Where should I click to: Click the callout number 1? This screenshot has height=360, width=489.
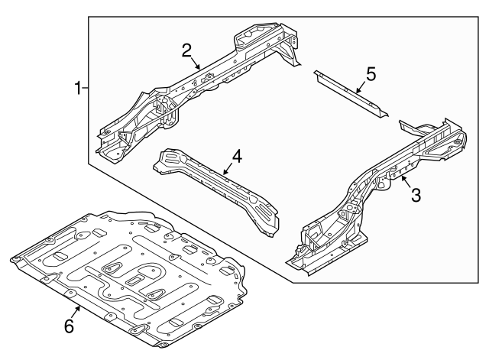(x=78, y=88)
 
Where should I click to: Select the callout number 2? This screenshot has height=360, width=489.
(x=186, y=50)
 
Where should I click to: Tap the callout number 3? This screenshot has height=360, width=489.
(x=416, y=195)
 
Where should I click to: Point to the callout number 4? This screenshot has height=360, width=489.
(x=237, y=156)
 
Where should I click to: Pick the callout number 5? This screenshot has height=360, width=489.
(x=371, y=74)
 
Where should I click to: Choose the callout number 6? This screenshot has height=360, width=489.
(x=69, y=326)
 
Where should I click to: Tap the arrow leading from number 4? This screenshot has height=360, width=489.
(x=228, y=168)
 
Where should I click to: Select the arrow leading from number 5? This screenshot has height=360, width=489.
(x=361, y=87)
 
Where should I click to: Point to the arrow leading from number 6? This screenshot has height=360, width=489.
(x=76, y=312)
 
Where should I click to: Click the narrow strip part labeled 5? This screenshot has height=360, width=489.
(x=351, y=93)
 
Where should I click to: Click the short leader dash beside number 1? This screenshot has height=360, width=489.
(x=85, y=89)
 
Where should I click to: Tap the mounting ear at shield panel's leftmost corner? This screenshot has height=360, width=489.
(x=15, y=260)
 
